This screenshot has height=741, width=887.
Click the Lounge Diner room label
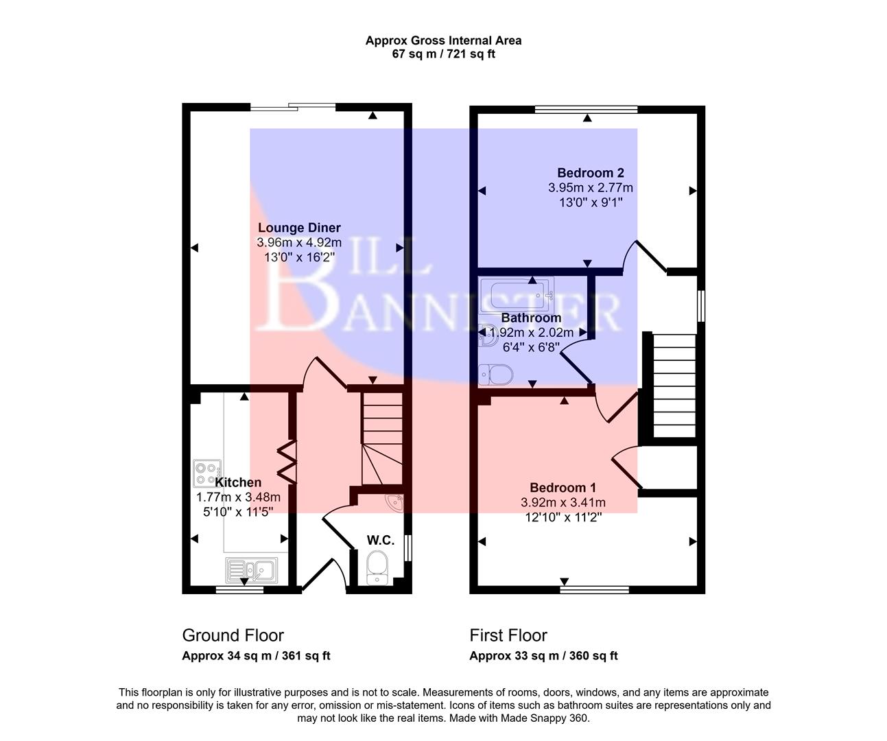point(299,228)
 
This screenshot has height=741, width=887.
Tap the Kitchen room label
point(238,482)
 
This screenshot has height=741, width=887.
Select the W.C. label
point(380,540)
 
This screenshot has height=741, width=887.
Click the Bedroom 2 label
point(590,173)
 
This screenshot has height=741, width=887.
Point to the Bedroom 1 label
point(563,488)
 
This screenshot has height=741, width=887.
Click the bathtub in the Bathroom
point(517,293)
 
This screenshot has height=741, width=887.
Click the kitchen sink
point(251,569)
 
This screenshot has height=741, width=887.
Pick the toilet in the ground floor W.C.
point(377,567)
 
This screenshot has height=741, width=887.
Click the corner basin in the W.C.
point(397,503)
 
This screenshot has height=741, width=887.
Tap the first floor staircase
point(674,384)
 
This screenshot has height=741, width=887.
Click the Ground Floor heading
point(233,635)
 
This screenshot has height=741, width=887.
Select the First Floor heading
point(508,635)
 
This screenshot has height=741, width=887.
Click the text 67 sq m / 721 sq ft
point(443,54)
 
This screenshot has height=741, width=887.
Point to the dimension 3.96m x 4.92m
point(299,242)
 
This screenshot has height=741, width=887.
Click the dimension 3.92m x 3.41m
point(563,502)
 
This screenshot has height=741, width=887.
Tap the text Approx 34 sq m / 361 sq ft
point(256,656)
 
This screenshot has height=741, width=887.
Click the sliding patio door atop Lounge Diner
point(293,106)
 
